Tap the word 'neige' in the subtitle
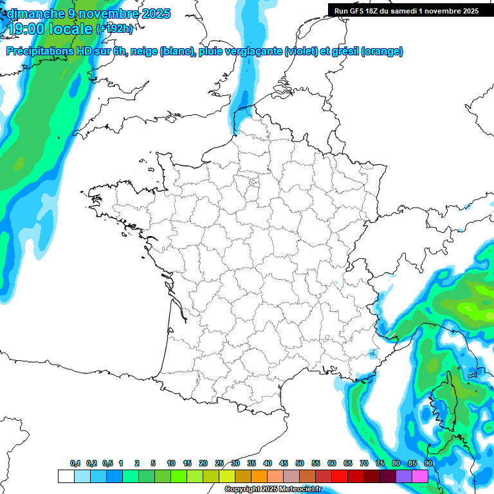click(144, 51)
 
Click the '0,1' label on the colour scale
click(75, 463)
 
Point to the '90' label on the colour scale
click(428, 463)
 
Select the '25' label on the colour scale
click(219, 463)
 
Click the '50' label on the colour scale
click(300, 463)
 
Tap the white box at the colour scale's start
click(66, 476)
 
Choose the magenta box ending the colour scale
click(420, 476)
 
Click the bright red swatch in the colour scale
click(340, 476)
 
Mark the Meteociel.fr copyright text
click(273, 489)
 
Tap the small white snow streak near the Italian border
click(389, 333)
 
